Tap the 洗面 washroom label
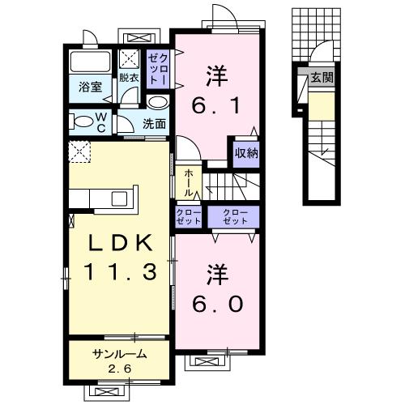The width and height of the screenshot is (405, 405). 154,124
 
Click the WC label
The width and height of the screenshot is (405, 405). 102,123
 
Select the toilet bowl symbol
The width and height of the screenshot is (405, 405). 83,123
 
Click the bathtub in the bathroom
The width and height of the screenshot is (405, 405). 90,62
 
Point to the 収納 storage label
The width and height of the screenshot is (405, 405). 247,152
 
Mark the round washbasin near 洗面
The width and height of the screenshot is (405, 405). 158,103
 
